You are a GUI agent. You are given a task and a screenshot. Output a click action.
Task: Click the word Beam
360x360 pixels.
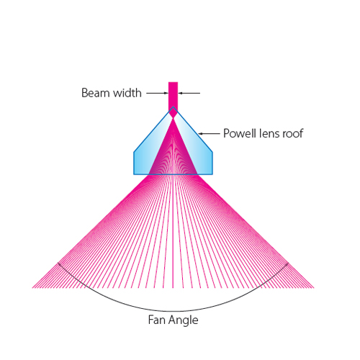pos(96,93)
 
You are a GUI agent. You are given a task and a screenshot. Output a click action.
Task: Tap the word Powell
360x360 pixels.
pos(240,133)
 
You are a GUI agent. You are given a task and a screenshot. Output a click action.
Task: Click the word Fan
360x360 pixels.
pos(156,320)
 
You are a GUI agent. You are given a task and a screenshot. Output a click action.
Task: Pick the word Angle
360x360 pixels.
pos(183,320)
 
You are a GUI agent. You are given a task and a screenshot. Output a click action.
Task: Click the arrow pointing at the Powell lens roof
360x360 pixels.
pos(209,133)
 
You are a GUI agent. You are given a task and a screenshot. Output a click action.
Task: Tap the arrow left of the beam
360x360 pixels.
pos(158,93)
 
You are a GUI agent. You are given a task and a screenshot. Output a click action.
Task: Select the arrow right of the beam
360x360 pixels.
pos(189,93)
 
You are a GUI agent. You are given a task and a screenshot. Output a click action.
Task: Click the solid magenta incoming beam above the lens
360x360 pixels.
pos(173,96)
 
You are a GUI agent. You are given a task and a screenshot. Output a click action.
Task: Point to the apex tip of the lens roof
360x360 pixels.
pos(173,107)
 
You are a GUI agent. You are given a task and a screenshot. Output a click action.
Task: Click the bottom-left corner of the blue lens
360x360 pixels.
pos(134,174)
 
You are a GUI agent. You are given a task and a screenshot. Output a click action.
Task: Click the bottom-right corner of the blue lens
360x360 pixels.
pos(212,174)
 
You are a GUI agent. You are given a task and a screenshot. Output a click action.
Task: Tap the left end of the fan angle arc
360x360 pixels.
pos(58,263)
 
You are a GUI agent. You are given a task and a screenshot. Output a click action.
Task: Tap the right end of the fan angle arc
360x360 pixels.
pos(288,263)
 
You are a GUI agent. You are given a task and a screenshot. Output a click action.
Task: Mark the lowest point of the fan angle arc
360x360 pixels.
pos(173,311)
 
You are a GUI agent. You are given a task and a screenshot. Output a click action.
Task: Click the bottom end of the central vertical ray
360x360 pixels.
pos(173,288)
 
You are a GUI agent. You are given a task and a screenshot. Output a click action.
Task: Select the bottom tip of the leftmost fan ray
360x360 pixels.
pos(32,287)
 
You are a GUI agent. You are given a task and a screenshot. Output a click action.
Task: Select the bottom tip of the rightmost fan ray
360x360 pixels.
pos(314,287)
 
